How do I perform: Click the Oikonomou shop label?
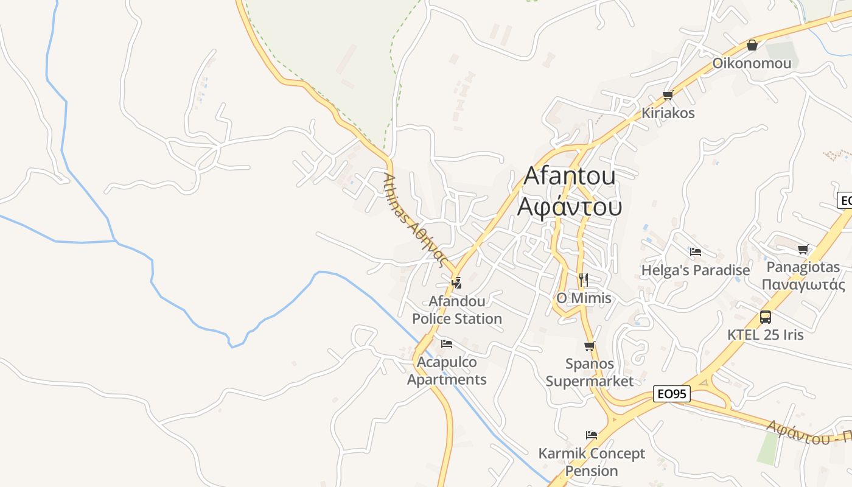(752, 63)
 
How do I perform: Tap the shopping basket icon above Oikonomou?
(752, 45)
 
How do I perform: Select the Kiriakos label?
(668, 113)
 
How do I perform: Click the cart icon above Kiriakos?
(668, 95)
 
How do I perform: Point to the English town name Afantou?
(570, 176)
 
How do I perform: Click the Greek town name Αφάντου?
(570, 207)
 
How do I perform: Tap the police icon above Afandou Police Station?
(456, 282)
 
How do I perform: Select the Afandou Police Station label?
(457, 310)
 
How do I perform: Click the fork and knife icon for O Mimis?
(583, 279)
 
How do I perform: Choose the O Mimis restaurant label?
(584, 298)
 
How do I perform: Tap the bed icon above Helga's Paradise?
(696, 251)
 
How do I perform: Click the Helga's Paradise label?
(696, 270)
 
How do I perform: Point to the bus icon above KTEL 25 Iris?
(766, 317)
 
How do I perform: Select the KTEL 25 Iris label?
(766, 335)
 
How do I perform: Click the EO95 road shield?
(672, 394)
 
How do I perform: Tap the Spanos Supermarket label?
(589, 373)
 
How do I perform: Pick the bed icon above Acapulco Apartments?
(447, 344)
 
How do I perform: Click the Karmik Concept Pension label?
(592, 462)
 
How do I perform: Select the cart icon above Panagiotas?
(803, 249)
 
